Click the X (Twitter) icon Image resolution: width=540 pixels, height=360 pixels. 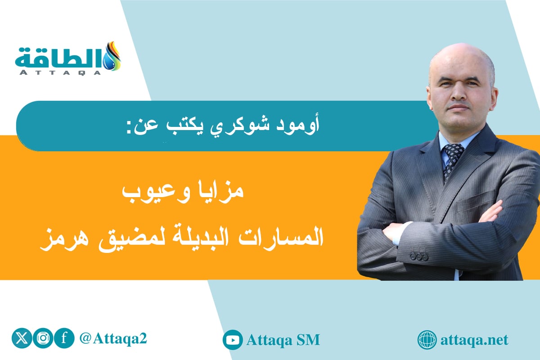click(21, 339)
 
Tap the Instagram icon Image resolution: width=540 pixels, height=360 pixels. click(42, 339)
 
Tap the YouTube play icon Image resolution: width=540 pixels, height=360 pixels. click(233, 340)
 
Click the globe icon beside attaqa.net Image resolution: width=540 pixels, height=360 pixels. click(427, 340)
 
